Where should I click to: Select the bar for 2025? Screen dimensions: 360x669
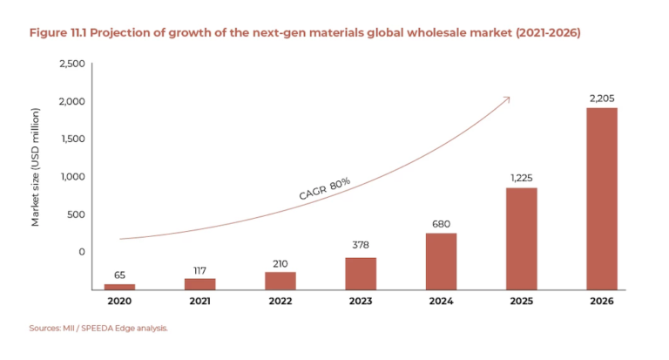pos(521,238)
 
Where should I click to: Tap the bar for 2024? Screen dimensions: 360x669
pos(441,261)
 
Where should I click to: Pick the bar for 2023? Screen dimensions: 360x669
pos(360,273)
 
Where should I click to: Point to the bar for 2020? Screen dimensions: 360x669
pos(119,286)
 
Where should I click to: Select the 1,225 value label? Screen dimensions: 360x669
pos(521,178)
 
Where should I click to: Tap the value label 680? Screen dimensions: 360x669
pos(441,223)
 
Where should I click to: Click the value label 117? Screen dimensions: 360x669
pos(199,270)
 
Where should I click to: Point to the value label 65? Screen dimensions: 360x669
pos(119,275)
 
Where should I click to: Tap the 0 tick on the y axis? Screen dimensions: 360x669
pos(82,252)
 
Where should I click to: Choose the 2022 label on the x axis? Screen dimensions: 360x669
pos(280,301)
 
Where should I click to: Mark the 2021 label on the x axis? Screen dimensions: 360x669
pos(199,301)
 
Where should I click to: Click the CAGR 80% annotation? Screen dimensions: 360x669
pos(324,189)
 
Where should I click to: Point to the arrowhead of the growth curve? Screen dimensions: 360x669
pos(507,98)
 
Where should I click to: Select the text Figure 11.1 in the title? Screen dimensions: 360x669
pos(62,32)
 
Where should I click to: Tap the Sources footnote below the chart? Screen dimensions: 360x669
pos(98,329)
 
